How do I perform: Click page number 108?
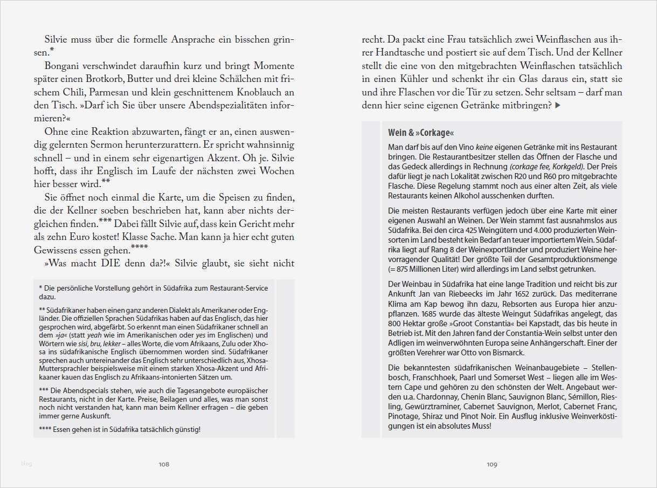[x=164, y=464]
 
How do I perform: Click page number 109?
[x=492, y=464]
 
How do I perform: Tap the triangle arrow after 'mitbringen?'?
[x=558, y=106]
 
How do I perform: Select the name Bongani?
[x=64, y=66]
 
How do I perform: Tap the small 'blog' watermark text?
[x=26, y=463]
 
